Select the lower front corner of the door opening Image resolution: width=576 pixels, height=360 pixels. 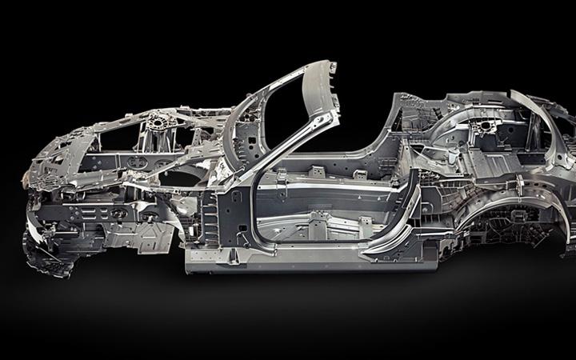coord(260,240)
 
